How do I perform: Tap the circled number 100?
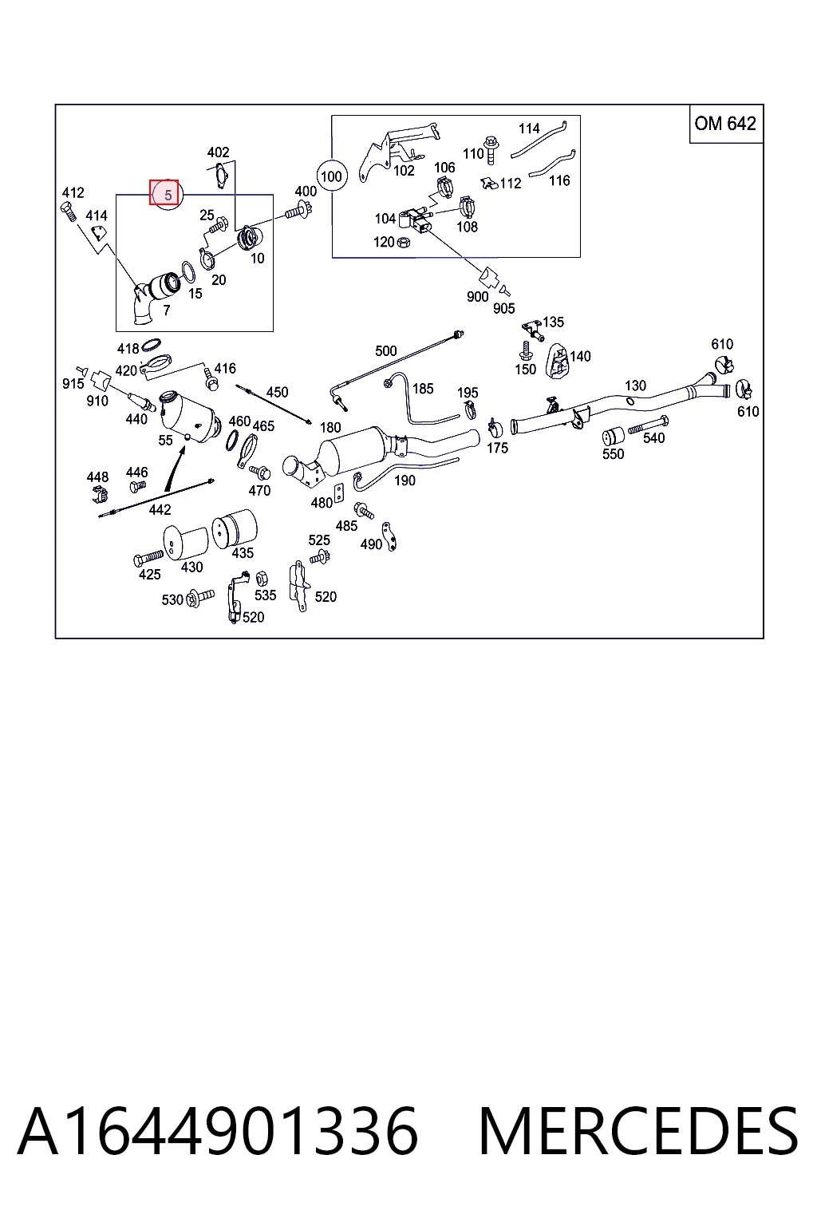pyautogui.click(x=331, y=176)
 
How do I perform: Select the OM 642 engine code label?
pyautogui.click(x=725, y=124)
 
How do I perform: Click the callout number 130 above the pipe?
pyautogui.click(x=635, y=386)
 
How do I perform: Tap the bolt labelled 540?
pyautogui.click(x=649, y=425)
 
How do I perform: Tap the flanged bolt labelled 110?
pyautogui.click(x=491, y=149)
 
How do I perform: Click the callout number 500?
pyautogui.click(x=386, y=351)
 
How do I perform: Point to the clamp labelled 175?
pyautogui.click(x=495, y=429)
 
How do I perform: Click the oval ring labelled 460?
pyautogui.click(x=232, y=440)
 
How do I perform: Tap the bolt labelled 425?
pyautogui.click(x=148, y=558)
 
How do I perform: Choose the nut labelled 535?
pyautogui.click(x=261, y=578)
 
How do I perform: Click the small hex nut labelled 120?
pyautogui.click(x=403, y=241)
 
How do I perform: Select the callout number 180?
pyautogui.click(x=330, y=428)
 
